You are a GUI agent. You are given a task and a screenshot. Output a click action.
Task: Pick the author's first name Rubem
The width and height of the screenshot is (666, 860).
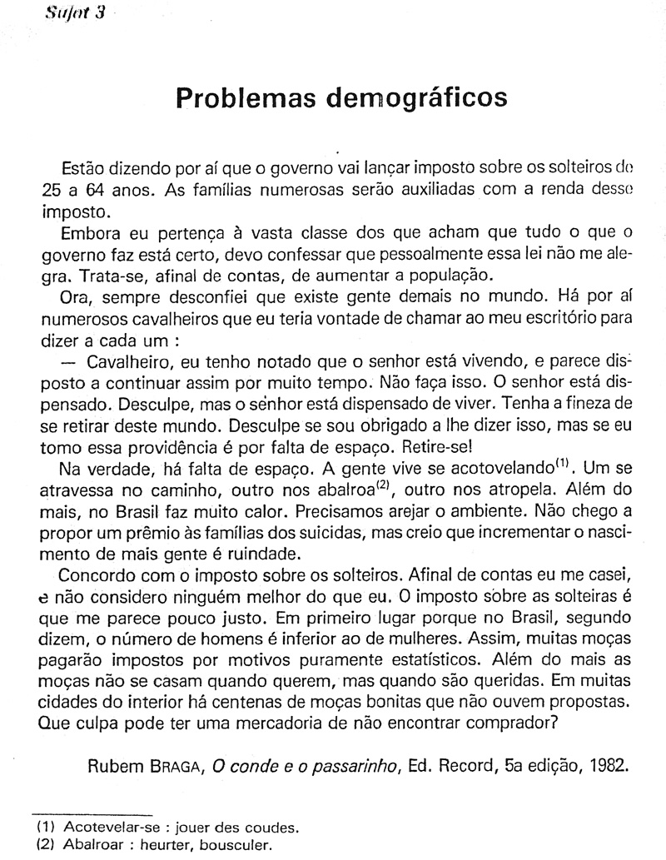pyautogui.click(x=115, y=766)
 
